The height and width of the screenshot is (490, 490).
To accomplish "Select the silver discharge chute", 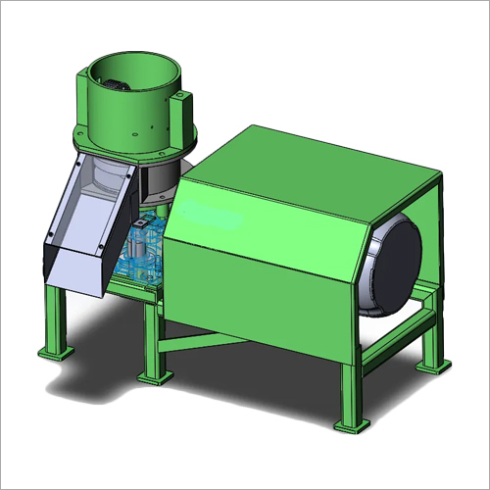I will click(x=83, y=225).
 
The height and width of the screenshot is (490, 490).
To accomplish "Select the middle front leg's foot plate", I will click(x=155, y=375).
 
